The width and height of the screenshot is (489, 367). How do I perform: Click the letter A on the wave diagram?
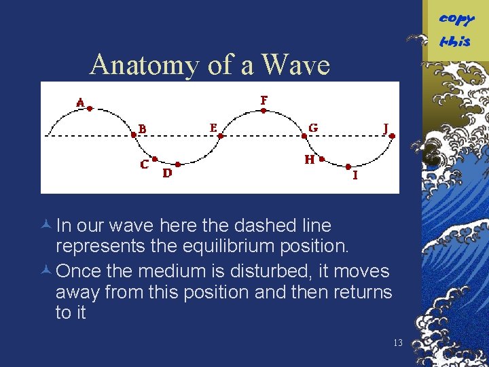click(x=81, y=103)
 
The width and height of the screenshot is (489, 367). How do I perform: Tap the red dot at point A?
click(x=90, y=108)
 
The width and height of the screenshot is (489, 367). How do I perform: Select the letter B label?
click(x=142, y=128)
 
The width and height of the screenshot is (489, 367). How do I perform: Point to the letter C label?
click(x=145, y=164)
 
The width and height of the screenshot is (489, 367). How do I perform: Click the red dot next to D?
click(x=177, y=164)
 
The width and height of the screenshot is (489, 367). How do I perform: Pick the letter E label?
click(x=213, y=127)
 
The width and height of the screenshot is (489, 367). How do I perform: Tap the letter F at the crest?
click(x=264, y=101)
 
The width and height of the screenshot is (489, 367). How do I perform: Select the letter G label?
click(x=312, y=128)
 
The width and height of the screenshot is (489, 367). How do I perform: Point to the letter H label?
click(x=310, y=160)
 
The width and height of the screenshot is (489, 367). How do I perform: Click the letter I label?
click(x=355, y=175)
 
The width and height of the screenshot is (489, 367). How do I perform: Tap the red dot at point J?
click(x=392, y=136)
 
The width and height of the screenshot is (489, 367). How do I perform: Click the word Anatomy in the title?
click(x=137, y=65)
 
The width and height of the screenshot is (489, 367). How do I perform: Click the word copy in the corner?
click(x=456, y=18)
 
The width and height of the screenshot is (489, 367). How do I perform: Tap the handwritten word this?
click(x=454, y=41)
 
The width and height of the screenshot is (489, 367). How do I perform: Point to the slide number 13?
click(x=398, y=343)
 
